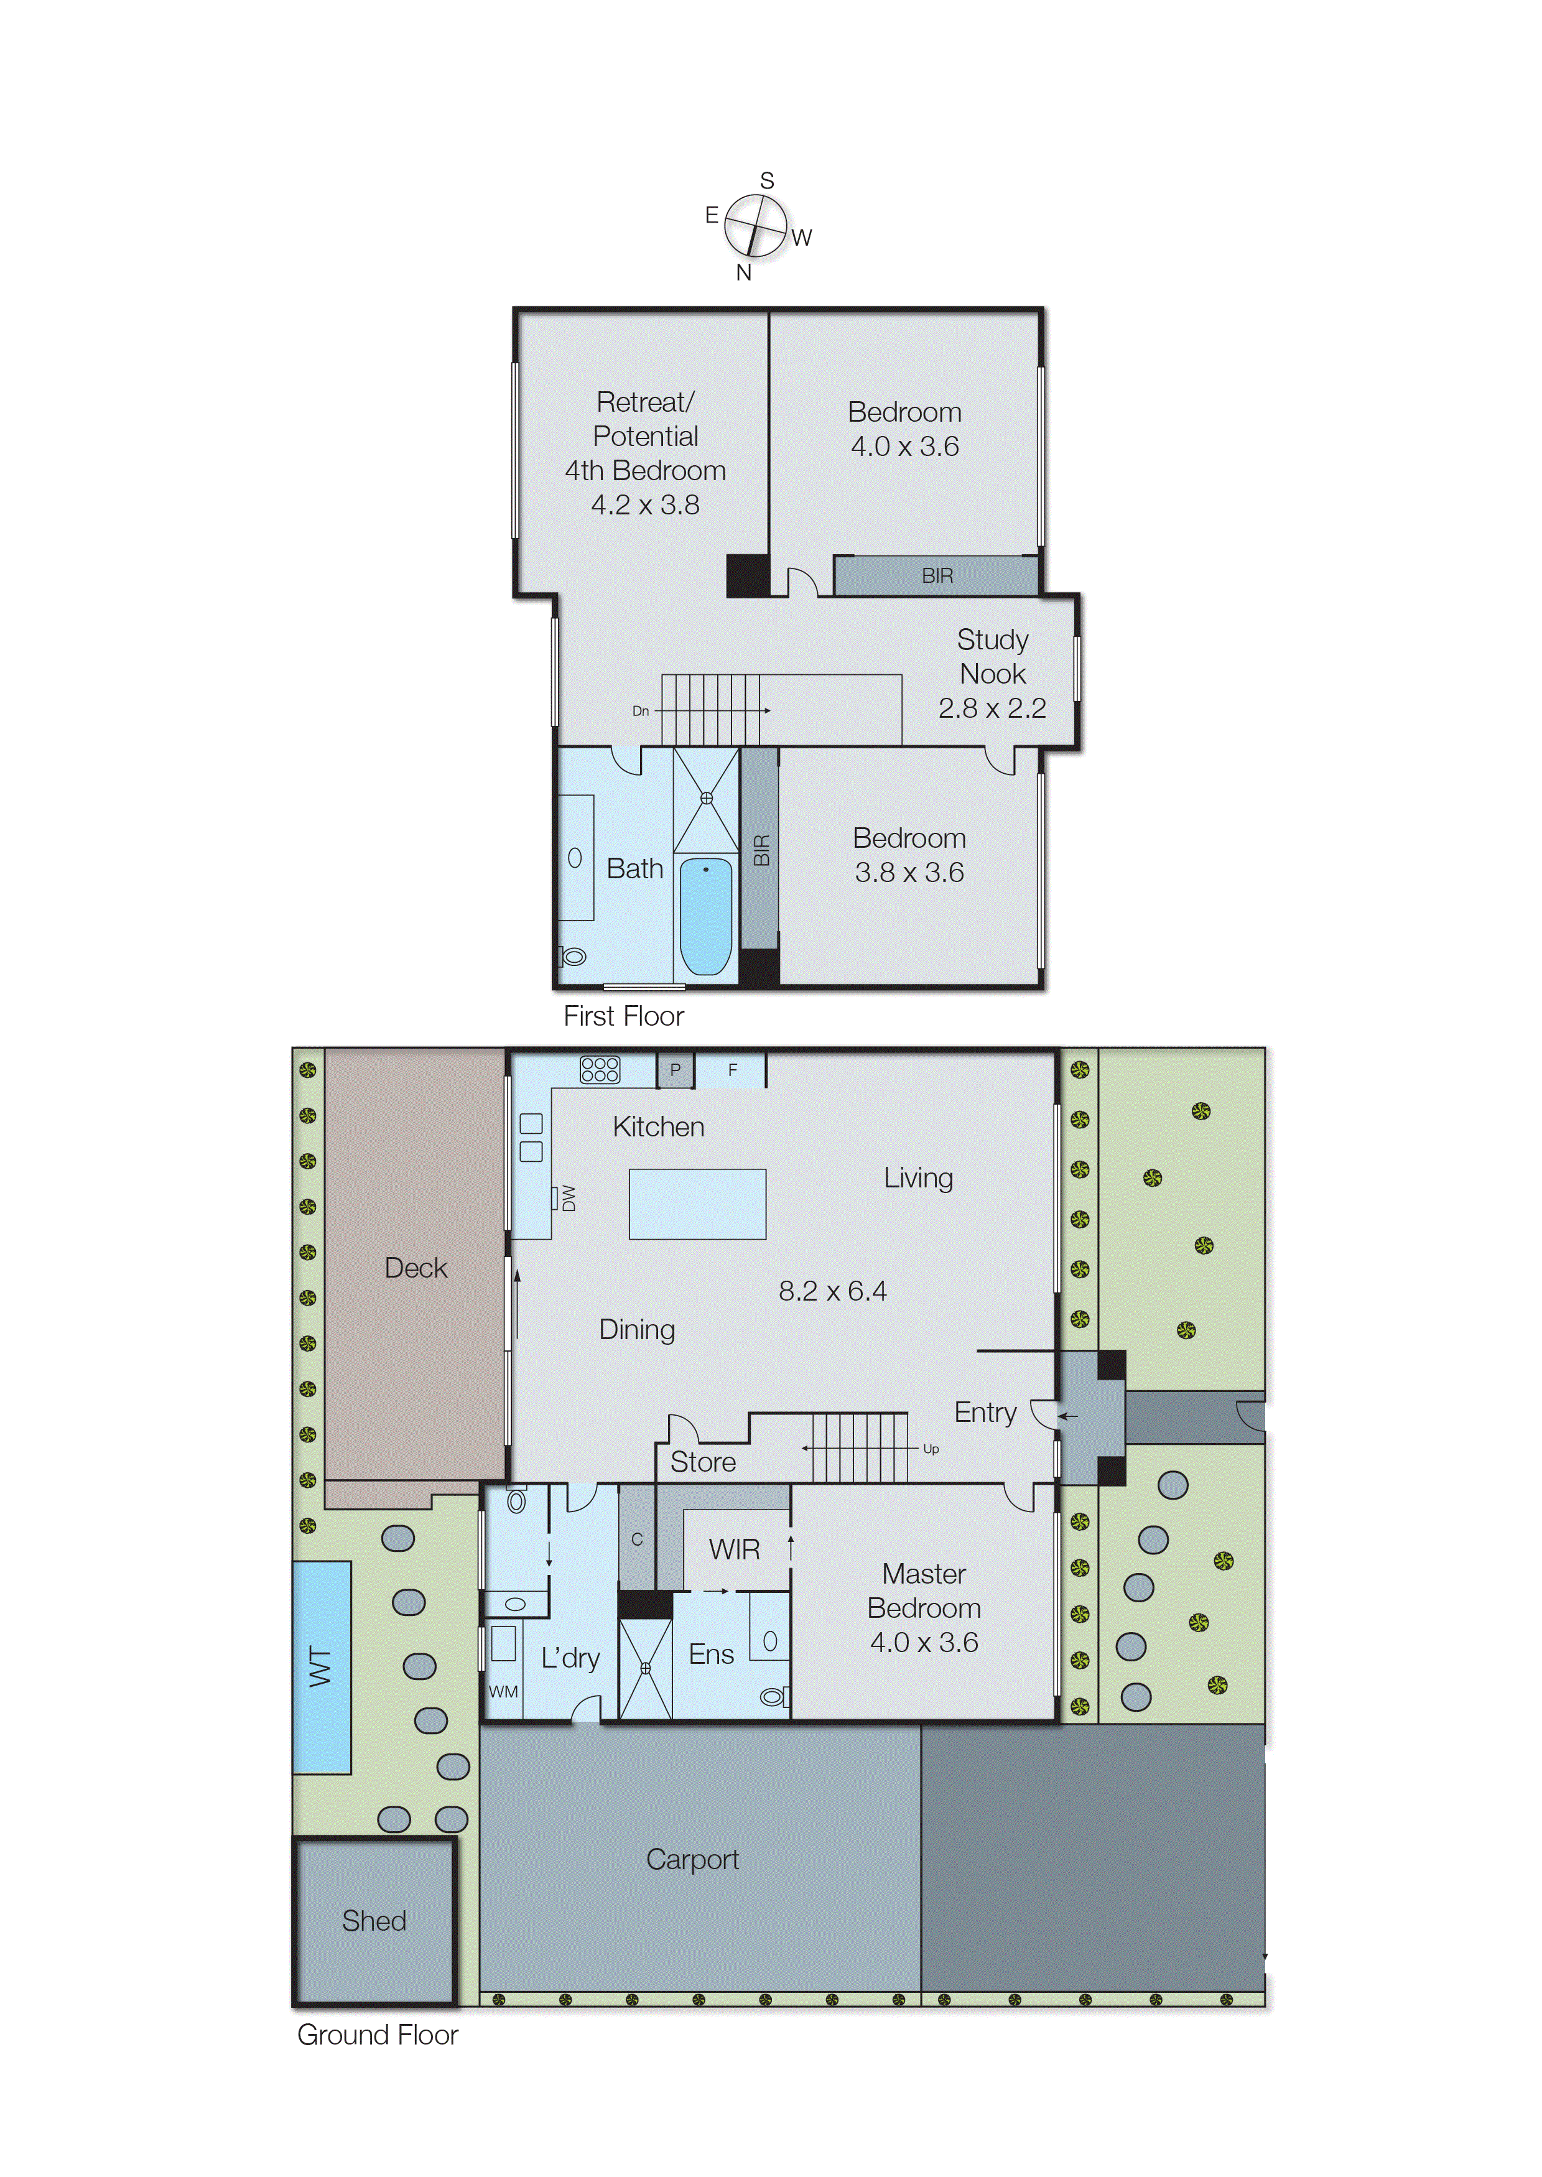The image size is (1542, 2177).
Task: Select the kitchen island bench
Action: pos(697,1203)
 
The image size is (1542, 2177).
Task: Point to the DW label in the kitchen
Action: pos(568,1197)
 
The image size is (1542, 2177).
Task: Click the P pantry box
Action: pos(675,1069)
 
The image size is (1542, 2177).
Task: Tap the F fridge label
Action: pos(732,1069)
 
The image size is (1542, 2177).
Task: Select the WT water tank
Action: pos(321,1666)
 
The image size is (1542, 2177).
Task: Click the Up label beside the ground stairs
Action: pos(931,1449)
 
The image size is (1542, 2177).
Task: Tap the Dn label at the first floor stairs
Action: pos(641,710)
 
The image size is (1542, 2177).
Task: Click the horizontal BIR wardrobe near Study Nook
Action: pos(936,575)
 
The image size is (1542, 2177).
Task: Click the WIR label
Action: pos(734,1549)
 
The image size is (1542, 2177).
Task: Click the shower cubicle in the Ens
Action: pos(646,1668)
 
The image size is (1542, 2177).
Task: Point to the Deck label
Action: pos(416,1268)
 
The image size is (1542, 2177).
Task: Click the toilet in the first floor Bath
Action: pos(574,956)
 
